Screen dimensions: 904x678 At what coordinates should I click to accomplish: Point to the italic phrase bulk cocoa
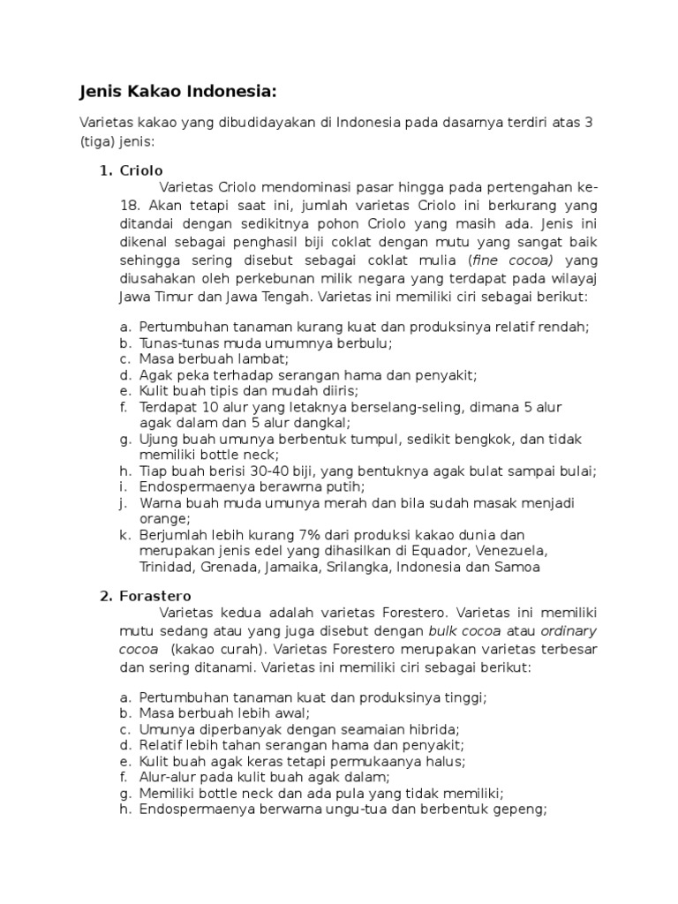tap(465, 630)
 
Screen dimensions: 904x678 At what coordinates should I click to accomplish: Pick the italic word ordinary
tap(569, 630)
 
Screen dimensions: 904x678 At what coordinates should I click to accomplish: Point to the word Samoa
tap(521, 567)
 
